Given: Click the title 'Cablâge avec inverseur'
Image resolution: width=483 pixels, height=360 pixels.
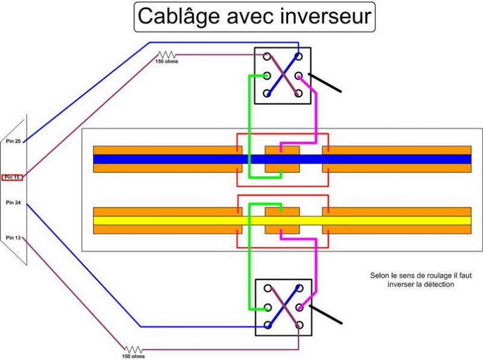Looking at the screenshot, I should tap(254, 16).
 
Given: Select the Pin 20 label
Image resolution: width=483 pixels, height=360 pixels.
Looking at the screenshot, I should tap(13, 141).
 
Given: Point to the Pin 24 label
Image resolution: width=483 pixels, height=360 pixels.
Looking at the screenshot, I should tap(13, 202).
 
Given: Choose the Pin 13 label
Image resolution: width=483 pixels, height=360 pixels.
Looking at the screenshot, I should tap(13, 238).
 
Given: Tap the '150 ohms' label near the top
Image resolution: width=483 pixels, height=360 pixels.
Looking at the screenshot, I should tap(167, 61).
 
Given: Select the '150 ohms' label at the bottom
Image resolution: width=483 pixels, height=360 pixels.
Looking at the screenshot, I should tap(133, 356).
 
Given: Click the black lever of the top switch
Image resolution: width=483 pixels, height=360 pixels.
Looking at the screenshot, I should tap(326, 83).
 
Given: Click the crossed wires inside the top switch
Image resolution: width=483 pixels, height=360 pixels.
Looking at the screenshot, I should tap(283, 76).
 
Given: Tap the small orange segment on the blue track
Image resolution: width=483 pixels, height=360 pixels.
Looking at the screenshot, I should tap(283, 159).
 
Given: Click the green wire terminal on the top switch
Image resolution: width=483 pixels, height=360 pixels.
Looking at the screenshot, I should tap(266, 76).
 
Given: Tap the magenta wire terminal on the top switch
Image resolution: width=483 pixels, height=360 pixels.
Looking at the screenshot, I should tap(299, 76).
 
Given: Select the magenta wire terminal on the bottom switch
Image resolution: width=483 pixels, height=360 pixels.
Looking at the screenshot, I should tap(299, 307).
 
